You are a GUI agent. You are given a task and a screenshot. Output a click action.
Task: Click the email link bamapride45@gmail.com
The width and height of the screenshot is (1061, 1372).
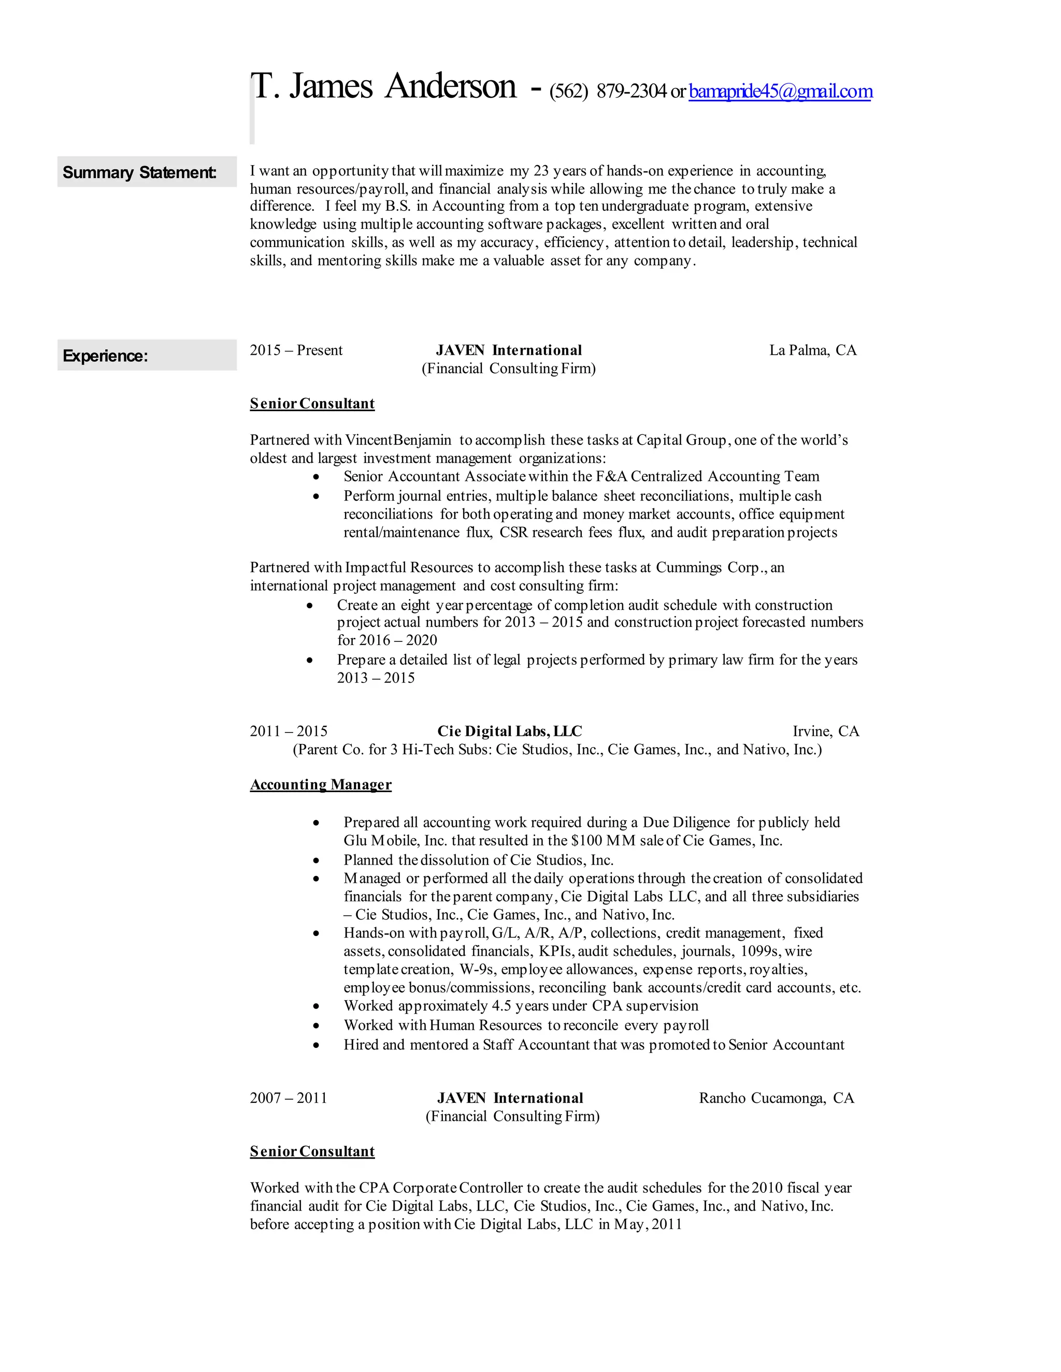780,92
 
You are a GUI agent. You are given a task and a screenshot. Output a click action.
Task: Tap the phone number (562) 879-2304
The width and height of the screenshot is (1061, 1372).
607,92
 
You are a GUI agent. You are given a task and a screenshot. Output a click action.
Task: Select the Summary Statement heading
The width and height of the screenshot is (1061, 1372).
139,172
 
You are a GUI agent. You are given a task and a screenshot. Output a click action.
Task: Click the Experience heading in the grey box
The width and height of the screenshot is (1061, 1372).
105,356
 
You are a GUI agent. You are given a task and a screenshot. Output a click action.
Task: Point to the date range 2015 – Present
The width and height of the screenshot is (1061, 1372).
296,350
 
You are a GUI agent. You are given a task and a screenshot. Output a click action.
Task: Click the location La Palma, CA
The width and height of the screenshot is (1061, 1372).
812,350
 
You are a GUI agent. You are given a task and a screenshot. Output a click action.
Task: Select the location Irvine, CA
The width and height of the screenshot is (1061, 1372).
825,731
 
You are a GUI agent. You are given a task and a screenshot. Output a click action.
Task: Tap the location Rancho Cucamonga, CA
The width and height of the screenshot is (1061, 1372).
776,1098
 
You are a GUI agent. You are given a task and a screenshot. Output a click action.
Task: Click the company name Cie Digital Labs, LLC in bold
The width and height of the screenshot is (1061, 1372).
509,731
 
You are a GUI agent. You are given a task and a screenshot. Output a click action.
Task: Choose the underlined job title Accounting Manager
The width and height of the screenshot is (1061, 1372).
321,784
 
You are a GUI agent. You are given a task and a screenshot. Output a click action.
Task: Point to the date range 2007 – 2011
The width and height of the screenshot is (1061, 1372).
289,1098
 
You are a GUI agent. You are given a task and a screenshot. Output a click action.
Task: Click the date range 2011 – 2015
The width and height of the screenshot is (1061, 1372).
289,731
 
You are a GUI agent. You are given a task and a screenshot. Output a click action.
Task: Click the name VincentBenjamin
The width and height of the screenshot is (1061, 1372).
398,440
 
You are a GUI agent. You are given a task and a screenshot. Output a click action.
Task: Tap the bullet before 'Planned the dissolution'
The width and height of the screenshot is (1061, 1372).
316,860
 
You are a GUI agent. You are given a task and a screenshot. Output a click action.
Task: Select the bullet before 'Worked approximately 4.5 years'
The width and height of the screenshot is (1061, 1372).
316,1006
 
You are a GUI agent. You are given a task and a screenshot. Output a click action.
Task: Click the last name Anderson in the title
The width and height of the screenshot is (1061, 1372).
450,86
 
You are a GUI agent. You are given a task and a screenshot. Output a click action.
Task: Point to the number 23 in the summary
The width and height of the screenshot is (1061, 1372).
541,171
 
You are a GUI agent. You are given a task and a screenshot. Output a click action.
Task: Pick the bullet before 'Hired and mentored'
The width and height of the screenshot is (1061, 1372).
316,1045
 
